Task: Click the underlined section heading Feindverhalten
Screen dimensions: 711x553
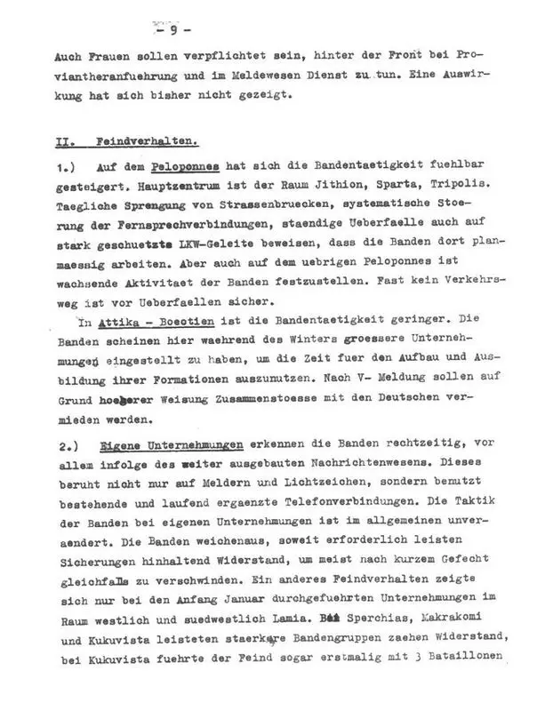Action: point(146,142)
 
